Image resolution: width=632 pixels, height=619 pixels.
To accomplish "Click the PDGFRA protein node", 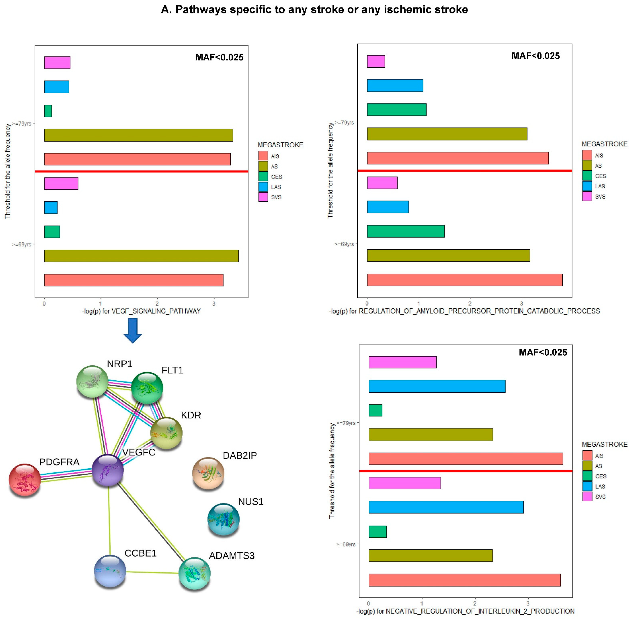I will pyautogui.click(x=25, y=479).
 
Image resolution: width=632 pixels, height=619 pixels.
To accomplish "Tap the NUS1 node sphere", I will pyautogui.click(x=223, y=519).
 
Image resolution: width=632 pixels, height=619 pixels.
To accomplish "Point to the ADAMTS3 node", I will pyautogui.click(x=195, y=573).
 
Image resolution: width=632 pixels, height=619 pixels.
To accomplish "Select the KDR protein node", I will pyautogui.click(x=166, y=433).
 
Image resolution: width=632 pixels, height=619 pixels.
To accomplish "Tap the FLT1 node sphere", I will pyautogui.click(x=147, y=388).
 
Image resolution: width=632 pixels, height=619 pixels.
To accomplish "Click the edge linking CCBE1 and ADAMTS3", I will pyautogui.click(x=152, y=572).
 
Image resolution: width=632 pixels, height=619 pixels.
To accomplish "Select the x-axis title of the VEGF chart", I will pyautogui.click(x=141, y=311).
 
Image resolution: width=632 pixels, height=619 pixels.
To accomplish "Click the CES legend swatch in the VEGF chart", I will pyautogui.click(x=263, y=177).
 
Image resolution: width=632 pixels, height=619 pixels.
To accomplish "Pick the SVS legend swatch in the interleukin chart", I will pyautogui.click(x=587, y=496).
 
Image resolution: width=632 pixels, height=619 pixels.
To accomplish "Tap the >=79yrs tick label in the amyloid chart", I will pyautogui.click(x=344, y=123).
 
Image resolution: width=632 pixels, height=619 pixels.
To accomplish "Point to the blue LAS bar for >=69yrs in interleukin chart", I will pyautogui.click(x=446, y=507).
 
